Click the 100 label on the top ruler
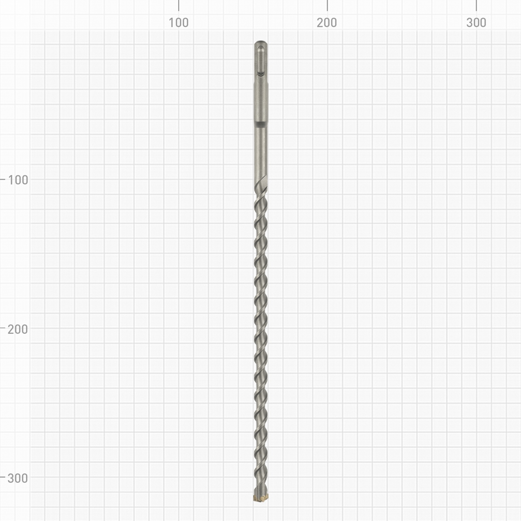pos(179,23)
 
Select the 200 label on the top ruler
pos(327,23)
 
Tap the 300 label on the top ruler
pos(476,23)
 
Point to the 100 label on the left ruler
pos(18,180)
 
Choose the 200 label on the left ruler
pos(18,329)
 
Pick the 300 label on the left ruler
pos(18,478)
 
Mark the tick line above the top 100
pos(179,5)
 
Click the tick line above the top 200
pos(327,5)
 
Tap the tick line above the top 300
pos(476,5)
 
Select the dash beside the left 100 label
pos(3,179)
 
